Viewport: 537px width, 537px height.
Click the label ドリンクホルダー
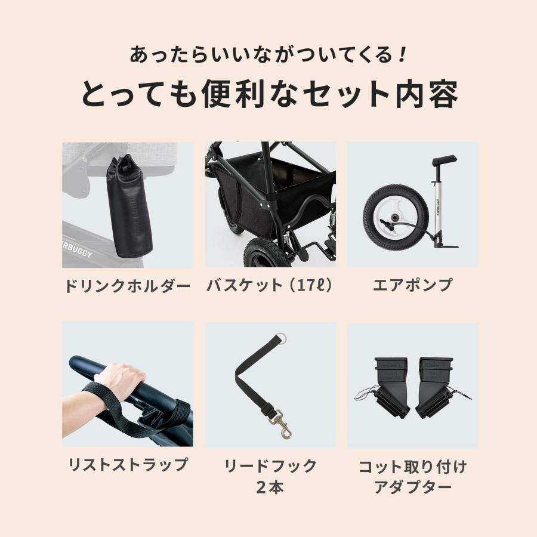pyautogui.click(x=127, y=286)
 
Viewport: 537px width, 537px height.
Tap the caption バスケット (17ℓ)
pyautogui.click(x=270, y=286)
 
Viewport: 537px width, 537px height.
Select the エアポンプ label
pyautogui.click(x=412, y=286)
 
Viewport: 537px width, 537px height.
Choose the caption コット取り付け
pyautogui.click(x=412, y=466)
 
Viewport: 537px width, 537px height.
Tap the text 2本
pyautogui.click(x=270, y=487)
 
